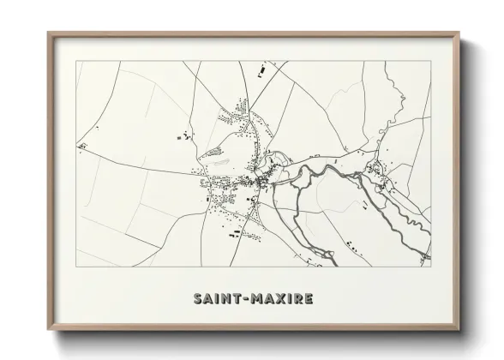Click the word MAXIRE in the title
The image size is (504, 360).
pyautogui.click(x=280, y=299)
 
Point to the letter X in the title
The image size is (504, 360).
pyautogui.click(x=277, y=299)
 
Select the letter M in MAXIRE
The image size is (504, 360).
pyautogui.click(x=255, y=299)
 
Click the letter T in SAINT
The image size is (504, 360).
pyautogui.click(x=236, y=299)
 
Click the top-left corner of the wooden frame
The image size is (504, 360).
pyautogui.click(x=48, y=33)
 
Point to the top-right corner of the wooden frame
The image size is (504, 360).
pyautogui.click(x=459, y=33)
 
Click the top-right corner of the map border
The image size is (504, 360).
pyautogui.click(x=430, y=62)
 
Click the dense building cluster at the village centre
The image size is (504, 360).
pyautogui.click(x=257, y=180)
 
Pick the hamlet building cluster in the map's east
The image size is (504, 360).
pyautogui.click(x=377, y=171)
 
